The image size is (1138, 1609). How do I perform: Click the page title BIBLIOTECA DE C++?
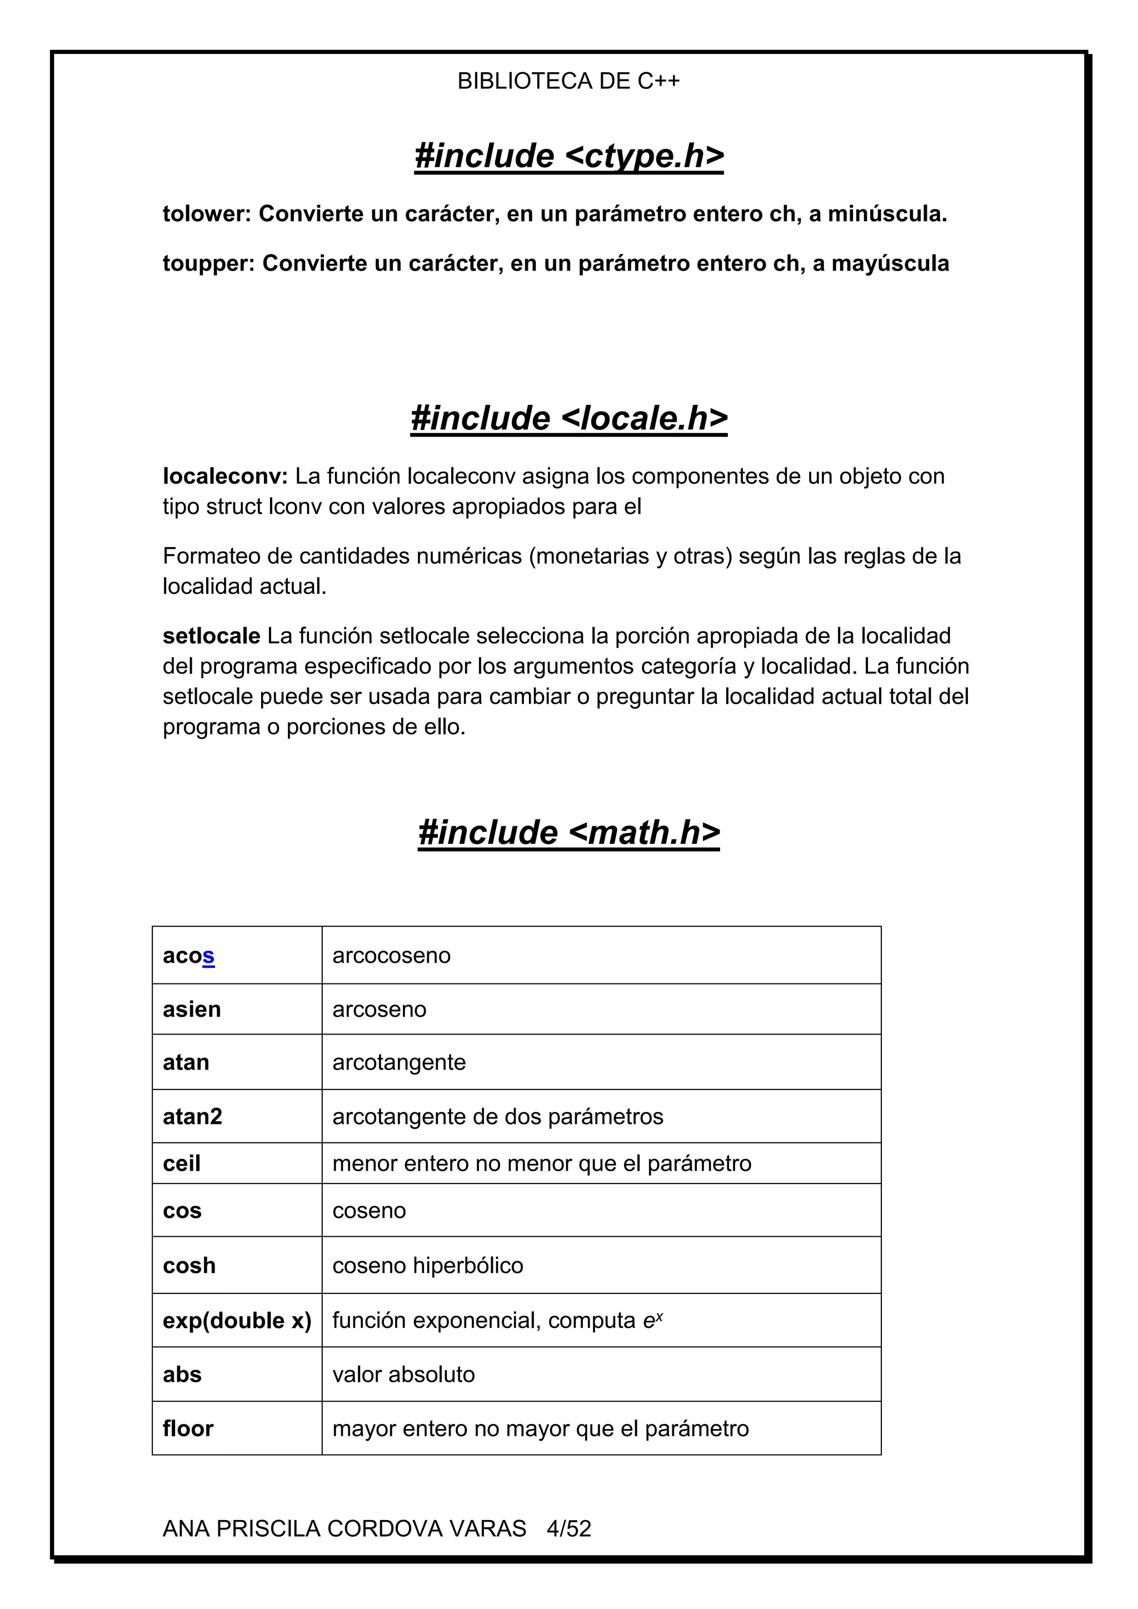coord(568,81)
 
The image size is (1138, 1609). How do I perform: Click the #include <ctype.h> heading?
coord(568,156)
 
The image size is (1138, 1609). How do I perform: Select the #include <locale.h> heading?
coord(568,418)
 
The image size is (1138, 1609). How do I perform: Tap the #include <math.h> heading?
coord(568,832)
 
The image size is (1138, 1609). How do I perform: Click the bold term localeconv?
coord(225,477)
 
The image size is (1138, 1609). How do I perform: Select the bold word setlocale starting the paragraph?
coord(211,636)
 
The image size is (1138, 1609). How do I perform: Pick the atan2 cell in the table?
coord(192,1116)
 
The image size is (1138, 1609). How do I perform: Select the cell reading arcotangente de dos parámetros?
coord(497,1116)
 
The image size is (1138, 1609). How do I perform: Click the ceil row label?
coord(182,1163)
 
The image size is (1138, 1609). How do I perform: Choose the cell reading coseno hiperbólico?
coord(427,1266)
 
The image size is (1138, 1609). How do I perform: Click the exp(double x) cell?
coord(237,1320)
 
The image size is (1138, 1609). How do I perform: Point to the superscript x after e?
coord(660,1316)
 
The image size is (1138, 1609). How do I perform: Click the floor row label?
coord(188,1428)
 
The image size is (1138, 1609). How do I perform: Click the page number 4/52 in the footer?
coord(569,1528)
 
